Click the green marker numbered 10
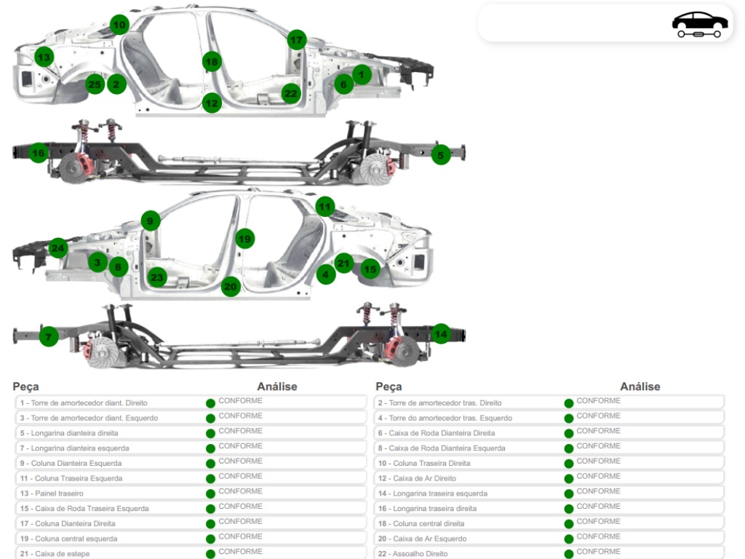(119, 25)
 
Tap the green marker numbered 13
(44, 57)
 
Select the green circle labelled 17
(297, 40)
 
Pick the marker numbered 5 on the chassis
(441, 155)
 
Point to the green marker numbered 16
(39, 153)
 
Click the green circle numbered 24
(58, 248)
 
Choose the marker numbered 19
(244, 239)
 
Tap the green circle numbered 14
(441, 334)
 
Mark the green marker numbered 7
(49, 336)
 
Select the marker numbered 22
(291, 93)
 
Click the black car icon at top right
(699, 24)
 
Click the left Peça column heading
(25, 386)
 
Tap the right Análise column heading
(640, 386)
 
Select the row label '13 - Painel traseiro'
(52, 493)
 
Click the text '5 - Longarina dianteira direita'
(69, 433)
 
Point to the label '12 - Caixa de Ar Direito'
(417, 478)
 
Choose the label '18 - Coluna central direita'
(421, 523)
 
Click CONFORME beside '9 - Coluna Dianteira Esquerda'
(240, 461)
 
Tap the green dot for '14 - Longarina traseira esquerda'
(569, 494)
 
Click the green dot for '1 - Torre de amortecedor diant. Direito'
(210, 403)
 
